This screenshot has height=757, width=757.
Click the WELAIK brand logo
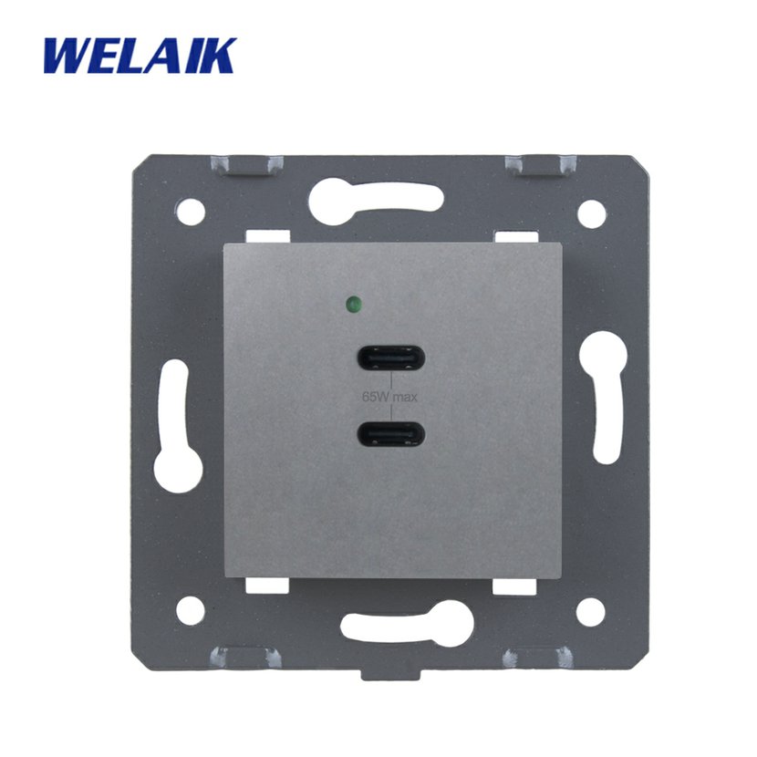click(140, 56)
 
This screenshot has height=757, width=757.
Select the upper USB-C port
click(390, 358)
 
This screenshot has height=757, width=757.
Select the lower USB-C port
click(390, 433)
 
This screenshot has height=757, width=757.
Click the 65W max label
click(389, 398)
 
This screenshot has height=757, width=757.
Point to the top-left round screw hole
click(191, 211)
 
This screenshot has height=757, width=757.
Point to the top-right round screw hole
click(591, 213)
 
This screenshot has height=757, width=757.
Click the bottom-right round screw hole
click(590, 611)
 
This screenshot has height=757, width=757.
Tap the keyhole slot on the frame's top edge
click(376, 201)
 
